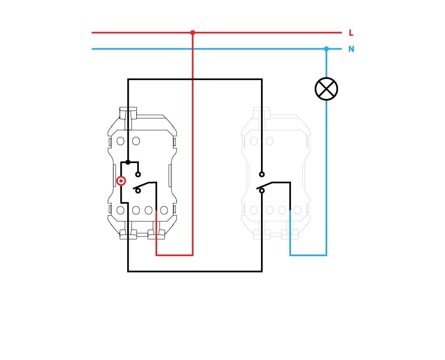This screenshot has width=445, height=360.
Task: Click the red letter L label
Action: coord(351,33)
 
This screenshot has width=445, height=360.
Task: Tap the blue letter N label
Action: coord(351,49)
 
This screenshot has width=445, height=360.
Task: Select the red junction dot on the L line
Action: coord(193,33)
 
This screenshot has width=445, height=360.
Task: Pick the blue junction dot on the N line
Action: coord(326,49)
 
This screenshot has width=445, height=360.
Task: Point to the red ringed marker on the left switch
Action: coord(121,181)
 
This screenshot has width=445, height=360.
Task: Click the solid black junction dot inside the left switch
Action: coord(128,162)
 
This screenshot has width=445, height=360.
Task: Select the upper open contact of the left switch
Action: coord(138,174)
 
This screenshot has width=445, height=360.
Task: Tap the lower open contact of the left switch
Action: coord(138,191)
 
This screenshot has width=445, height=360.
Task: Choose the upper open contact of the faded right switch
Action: coord(262,174)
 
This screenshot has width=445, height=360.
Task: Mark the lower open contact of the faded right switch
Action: coord(262,191)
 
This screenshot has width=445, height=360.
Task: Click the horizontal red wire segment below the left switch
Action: coord(175,255)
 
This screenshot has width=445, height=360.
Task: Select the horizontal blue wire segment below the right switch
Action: coord(308,255)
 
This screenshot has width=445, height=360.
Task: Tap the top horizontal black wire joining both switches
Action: coord(195,79)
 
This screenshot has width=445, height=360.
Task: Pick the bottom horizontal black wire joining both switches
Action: coord(195,271)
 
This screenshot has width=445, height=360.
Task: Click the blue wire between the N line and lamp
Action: coord(326,63)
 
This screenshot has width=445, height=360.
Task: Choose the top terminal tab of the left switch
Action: coord(128,113)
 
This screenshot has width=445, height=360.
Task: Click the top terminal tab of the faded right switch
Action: coord(262,113)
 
